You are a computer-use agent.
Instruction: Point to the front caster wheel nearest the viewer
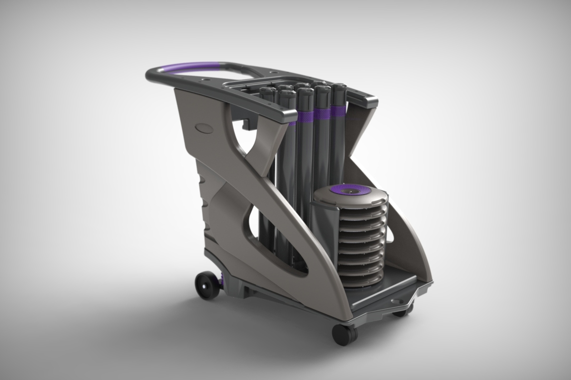pyautogui.click(x=344, y=334)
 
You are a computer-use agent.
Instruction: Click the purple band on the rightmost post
pyautogui.click(x=338, y=111)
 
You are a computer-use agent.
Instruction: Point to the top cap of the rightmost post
pyautogui.click(x=338, y=88)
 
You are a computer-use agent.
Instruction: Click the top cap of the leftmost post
pyautogui.click(x=267, y=90)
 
